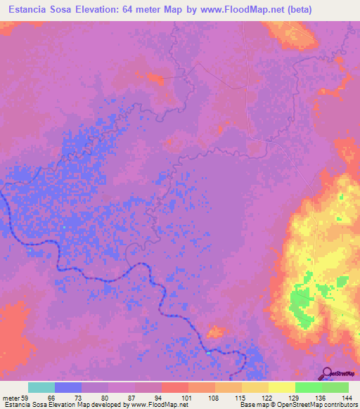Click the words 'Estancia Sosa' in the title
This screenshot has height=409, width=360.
[x=35, y=9]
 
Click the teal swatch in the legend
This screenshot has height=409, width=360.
[x=41, y=387]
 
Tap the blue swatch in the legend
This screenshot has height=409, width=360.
[x=68, y=387]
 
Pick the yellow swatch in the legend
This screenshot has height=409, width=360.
[x=281, y=387]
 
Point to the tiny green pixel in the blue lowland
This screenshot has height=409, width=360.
[x=64, y=228]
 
